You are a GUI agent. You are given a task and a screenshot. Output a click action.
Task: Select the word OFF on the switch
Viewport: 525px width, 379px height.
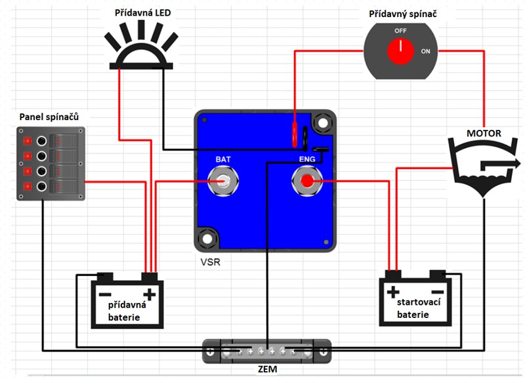pyautogui.click(x=400, y=31)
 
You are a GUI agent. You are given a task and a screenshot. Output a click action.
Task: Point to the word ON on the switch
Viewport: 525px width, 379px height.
pyautogui.click(x=425, y=50)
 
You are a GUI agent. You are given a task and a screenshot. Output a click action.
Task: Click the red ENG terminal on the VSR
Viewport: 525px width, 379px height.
pyautogui.click(x=306, y=181)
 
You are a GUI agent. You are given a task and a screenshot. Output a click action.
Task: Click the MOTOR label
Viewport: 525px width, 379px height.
pyautogui.click(x=484, y=134)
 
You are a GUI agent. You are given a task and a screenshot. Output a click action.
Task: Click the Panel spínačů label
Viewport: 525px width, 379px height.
pyautogui.click(x=49, y=117)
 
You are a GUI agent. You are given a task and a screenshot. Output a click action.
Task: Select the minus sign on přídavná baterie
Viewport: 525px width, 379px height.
pyautogui.click(x=104, y=293)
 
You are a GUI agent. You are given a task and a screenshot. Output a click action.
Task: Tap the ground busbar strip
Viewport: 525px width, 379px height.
pyautogui.click(x=267, y=351)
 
